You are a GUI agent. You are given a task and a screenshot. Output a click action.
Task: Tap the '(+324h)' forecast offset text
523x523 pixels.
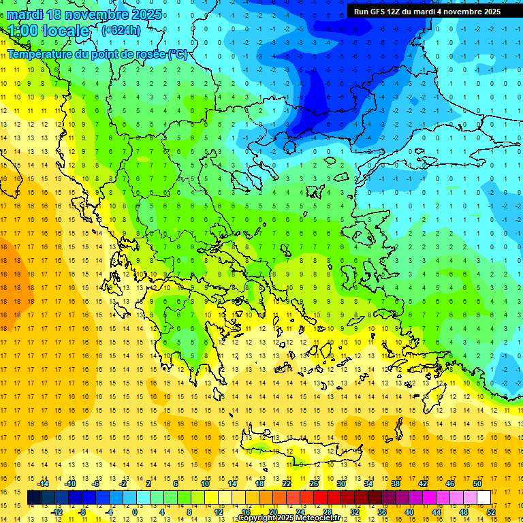point(121,29)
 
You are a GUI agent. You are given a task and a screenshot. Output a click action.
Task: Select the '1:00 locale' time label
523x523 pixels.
point(49,31)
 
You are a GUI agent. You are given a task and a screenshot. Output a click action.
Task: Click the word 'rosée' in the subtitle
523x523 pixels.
point(148,54)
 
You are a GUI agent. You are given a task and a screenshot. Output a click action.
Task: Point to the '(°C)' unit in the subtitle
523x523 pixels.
point(177,54)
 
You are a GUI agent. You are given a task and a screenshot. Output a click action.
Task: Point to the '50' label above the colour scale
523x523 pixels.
point(477,484)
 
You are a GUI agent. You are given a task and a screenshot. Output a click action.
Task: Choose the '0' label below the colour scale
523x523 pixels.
point(135,512)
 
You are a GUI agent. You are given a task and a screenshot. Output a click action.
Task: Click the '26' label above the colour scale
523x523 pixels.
point(314,484)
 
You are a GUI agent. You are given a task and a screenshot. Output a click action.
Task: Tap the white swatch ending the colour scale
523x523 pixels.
point(484,498)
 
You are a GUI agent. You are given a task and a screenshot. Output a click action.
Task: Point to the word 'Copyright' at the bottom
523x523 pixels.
point(257,518)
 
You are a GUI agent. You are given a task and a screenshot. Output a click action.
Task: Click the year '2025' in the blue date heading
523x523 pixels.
point(146,14)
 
